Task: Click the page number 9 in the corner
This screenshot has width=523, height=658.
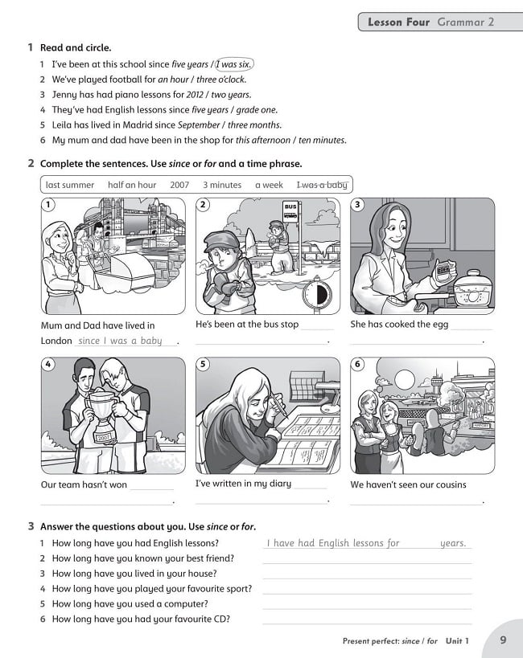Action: (503, 640)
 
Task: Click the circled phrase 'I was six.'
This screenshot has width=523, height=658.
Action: (235, 64)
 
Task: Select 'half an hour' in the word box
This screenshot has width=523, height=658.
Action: (132, 185)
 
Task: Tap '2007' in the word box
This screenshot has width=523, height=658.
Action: (179, 185)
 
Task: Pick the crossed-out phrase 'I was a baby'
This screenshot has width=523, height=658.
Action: (322, 185)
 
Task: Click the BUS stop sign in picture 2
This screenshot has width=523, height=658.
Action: (290, 211)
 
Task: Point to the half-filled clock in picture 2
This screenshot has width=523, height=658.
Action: (316, 294)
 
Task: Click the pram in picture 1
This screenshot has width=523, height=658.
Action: (129, 269)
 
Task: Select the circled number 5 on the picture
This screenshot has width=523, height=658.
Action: (204, 365)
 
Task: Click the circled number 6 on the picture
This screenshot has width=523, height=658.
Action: (358, 365)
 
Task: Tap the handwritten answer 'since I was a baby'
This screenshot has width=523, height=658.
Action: (121, 341)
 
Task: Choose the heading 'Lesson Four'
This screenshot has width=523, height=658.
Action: (398, 22)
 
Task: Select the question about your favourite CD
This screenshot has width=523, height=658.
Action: (141, 619)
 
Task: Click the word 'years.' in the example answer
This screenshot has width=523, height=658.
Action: (453, 543)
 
